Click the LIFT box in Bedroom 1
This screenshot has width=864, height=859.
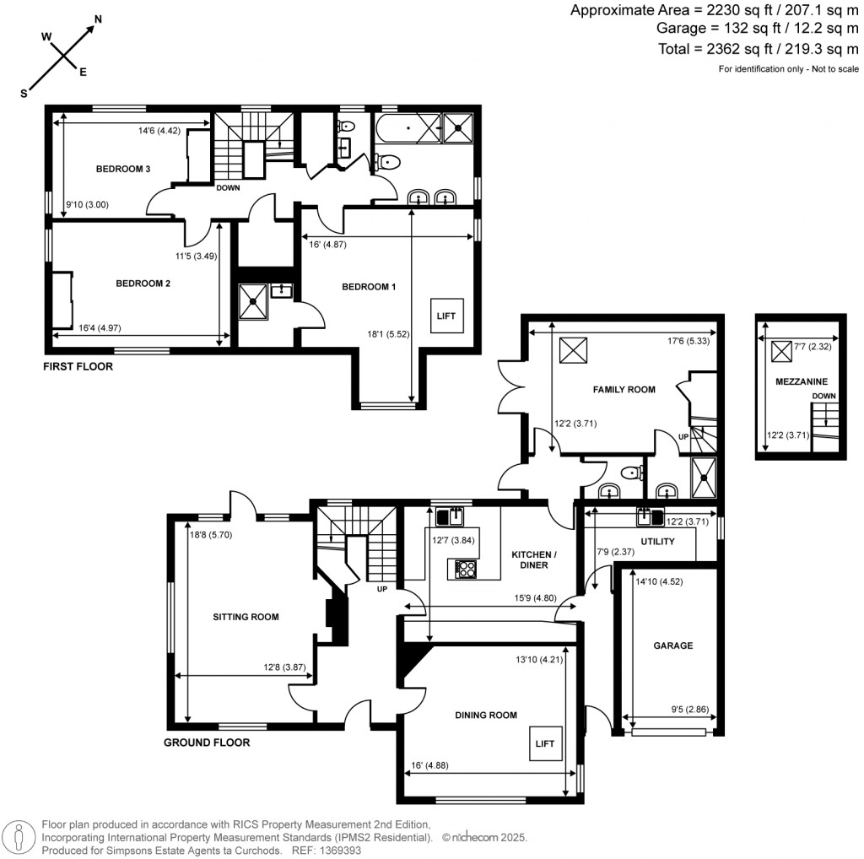click(x=446, y=316)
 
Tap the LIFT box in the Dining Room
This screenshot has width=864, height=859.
click(x=545, y=743)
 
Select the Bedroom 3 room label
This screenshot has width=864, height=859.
click(x=123, y=169)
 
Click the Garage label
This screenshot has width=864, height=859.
click(x=672, y=646)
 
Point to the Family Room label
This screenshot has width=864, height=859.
click(x=624, y=390)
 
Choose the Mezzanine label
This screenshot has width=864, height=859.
click(x=802, y=381)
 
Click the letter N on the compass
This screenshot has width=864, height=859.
click(x=98, y=19)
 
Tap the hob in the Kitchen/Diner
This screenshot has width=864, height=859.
click(x=466, y=569)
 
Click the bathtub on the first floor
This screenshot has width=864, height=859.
click(x=408, y=127)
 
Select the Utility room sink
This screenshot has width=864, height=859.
click(x=651, y=516)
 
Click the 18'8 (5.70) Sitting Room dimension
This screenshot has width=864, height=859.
click(x=211, y=534)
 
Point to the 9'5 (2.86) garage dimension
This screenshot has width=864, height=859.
click(x=690, y=709)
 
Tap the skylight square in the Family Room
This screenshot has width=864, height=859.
click(x=573, y=350)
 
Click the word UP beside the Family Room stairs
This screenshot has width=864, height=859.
click(x=683, y=436)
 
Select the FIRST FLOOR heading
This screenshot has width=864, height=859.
click(x=78, y=366)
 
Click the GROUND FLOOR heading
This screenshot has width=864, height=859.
click(x=207, y=743)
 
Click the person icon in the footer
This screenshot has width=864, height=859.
click(x=19, y=838)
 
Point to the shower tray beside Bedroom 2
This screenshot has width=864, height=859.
click(x=253, y=301)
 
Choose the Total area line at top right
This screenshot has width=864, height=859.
click(x=759, y=49)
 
